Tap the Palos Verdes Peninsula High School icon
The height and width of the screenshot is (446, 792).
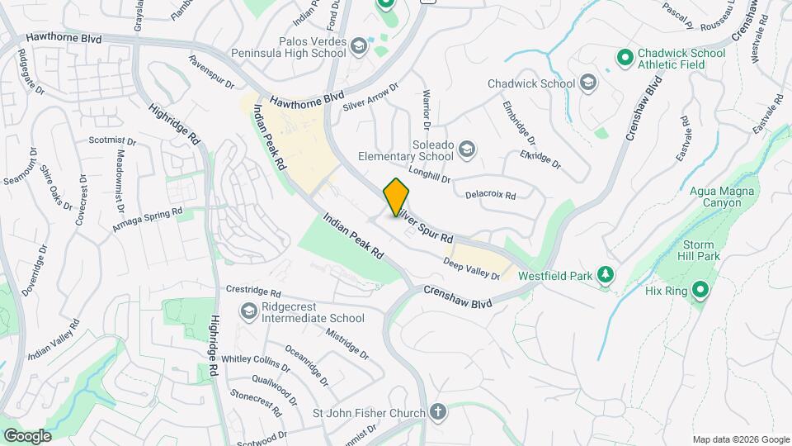tap(358, 45)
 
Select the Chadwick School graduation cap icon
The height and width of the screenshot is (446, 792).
tap(587, 83)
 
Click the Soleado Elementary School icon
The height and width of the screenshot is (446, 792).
tap(467, 149)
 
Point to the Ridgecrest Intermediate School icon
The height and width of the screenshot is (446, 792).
tap(248, 311)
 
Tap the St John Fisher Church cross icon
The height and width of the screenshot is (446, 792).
tap(437, 412)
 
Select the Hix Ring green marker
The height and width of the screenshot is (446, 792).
tap(700, 290)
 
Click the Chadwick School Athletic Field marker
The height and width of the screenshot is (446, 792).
tap(625, 59)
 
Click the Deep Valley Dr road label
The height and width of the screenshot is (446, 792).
tap(472, 268)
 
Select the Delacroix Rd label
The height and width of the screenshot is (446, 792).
tap(490, 196)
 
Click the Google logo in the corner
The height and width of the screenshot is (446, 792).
tap(27, 435)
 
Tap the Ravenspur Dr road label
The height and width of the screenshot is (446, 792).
tap(211, 72)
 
